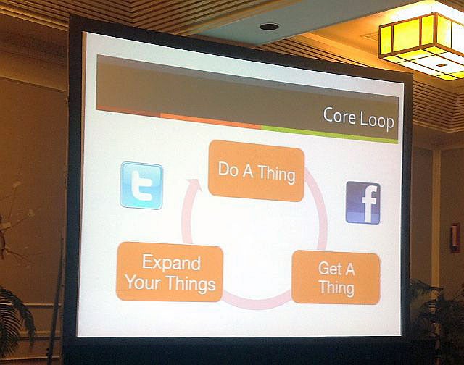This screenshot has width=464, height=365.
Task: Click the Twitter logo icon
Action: (141, 185)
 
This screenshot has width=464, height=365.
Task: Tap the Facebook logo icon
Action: (363, 203)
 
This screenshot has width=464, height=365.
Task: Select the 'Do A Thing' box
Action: (256, 171)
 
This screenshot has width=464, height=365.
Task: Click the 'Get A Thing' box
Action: (336, 277)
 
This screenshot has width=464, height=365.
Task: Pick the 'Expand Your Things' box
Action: (170, 272)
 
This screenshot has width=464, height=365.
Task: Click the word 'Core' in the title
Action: (339, 116)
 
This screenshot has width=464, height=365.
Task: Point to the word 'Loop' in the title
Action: (377, 121)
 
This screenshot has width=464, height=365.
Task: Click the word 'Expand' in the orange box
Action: (171, 262)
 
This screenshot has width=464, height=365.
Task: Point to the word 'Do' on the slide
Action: (228, 169)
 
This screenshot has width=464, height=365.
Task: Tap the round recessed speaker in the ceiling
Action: (269, 27)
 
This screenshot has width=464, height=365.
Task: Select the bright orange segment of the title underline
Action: (210, 121)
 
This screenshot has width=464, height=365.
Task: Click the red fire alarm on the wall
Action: (455, 238)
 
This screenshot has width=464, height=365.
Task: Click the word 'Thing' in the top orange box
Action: (276, 175)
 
